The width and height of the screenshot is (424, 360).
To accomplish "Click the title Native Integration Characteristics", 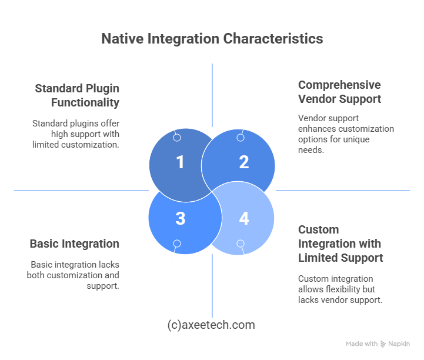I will (x=212, y=39).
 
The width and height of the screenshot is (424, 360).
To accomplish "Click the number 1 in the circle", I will (x=180, y=162).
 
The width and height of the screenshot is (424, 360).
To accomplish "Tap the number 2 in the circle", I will (x=243, y=162).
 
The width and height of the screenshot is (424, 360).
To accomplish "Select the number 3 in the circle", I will (x=180, y=218).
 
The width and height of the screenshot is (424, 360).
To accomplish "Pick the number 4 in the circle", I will (x=243, y=218).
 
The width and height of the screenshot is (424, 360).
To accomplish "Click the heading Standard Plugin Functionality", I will (x=77, y=96).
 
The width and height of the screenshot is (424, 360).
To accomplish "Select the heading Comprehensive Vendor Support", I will (x=339, y=92).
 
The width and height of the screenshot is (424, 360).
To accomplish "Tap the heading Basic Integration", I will (x=75, y=244).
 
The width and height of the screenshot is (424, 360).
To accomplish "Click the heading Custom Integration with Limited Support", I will (x=340, y=244).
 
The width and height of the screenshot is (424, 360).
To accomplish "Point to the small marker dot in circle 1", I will (x=177, y=138).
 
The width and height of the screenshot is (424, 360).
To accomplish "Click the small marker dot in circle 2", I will (x=241, y=138).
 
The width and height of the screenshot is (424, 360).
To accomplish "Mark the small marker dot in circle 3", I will (x=177, y=243).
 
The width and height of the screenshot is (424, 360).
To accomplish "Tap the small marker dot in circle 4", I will (x=241, y=243).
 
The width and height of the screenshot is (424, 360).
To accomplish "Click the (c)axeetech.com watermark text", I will (x=211, y=325).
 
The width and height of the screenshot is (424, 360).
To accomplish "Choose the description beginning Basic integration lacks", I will (x=73, y=275).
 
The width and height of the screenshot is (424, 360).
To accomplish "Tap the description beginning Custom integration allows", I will (x=340, y=289).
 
